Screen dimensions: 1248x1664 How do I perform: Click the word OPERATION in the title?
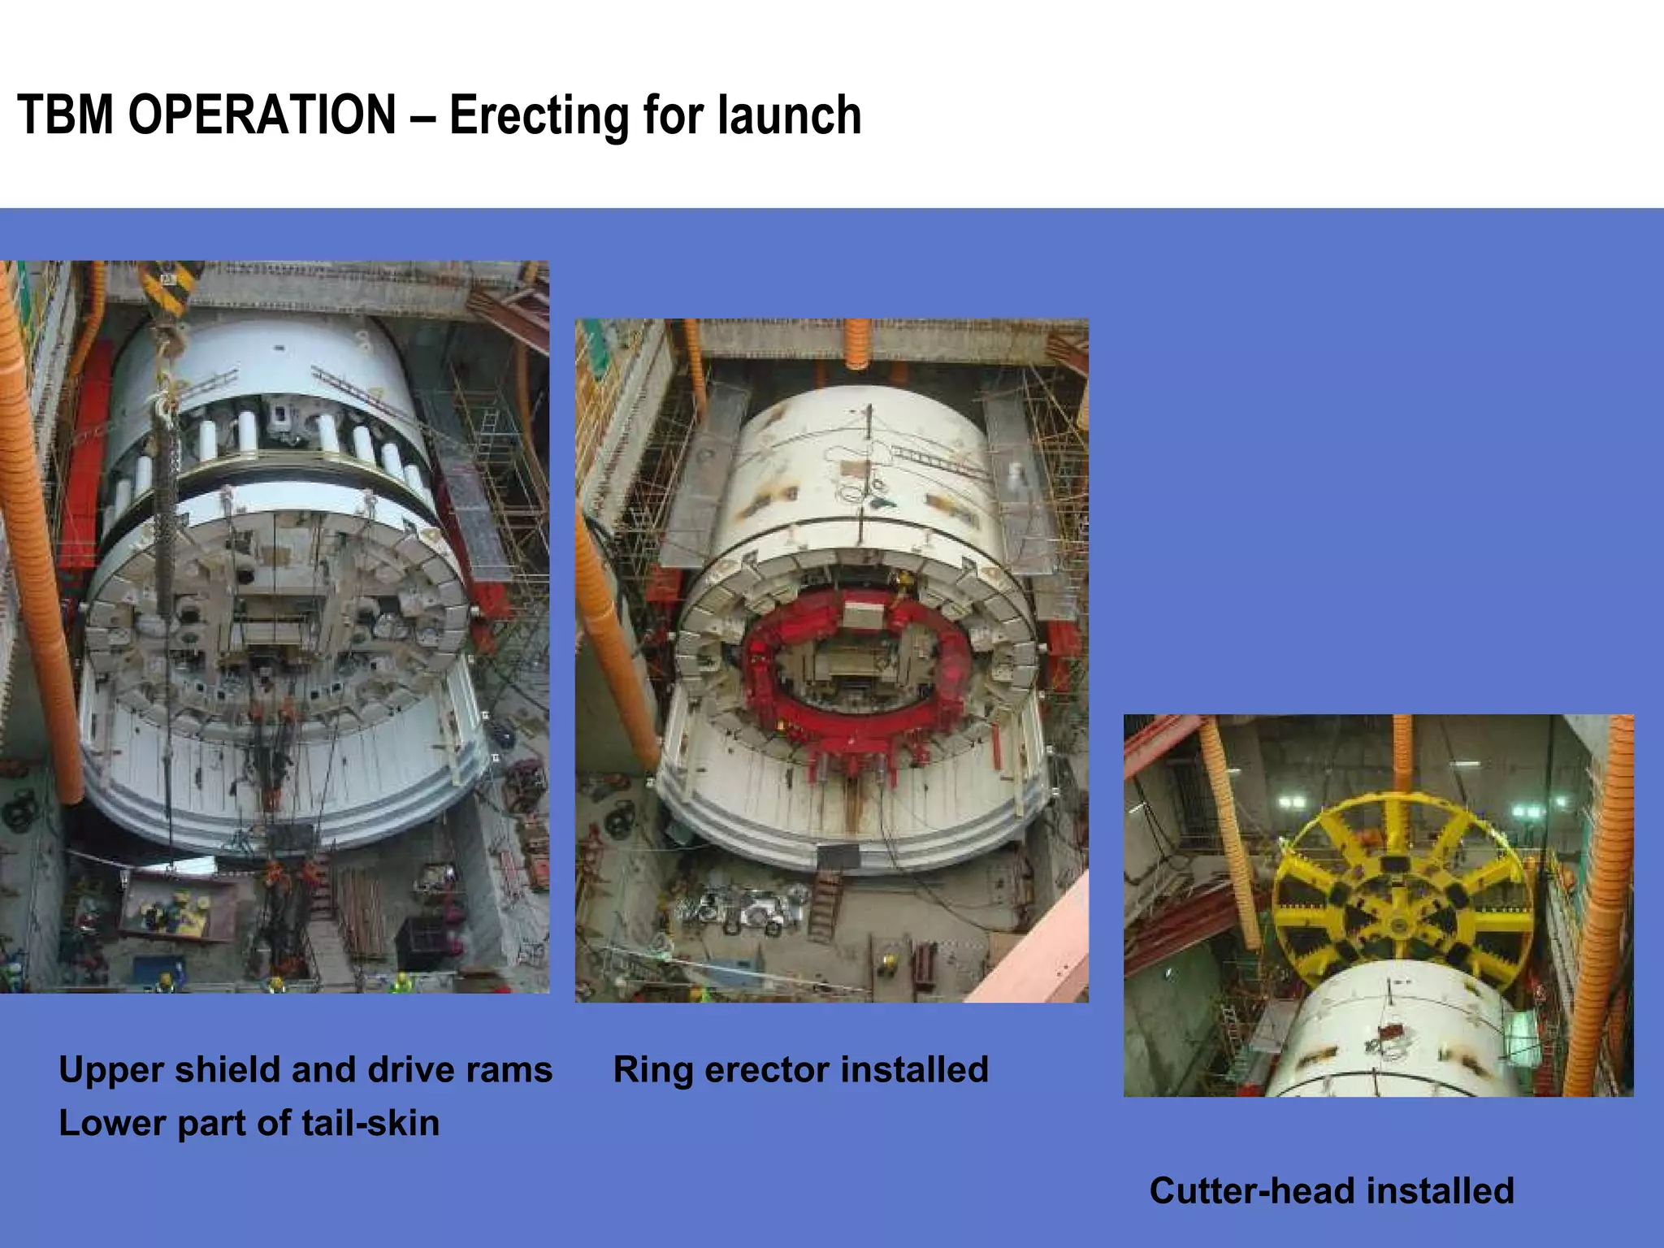(x=262, y=115)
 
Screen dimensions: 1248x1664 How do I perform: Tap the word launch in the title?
(x=789, y=115)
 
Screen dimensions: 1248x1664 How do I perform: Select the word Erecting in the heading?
(x=538, y=116)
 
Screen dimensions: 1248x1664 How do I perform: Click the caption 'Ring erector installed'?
(x=800, y=1069)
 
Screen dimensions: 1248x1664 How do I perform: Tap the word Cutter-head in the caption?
(x=1252, y=1191)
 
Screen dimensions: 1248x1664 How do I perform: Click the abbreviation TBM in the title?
(x=65, y=115)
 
